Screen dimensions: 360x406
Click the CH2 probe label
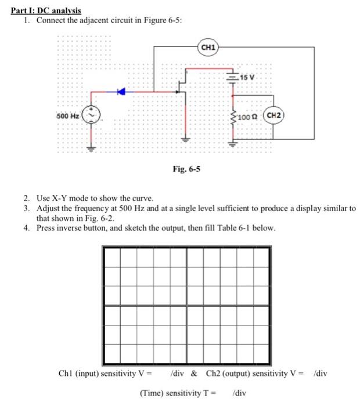(275, 115)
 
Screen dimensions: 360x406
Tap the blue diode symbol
(121, 91)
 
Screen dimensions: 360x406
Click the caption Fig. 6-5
(187, 169)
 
